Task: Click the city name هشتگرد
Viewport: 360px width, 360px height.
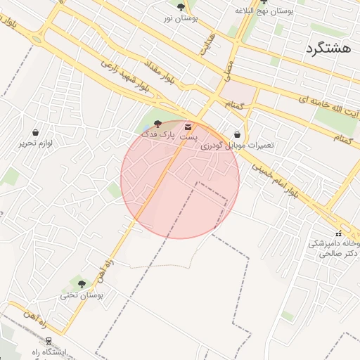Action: (328, 49)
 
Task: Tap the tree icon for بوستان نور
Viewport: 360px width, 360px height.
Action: (181, 7)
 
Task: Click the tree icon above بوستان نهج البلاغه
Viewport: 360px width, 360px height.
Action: (264, 1)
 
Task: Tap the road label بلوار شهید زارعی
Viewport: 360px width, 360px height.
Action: (127, 75)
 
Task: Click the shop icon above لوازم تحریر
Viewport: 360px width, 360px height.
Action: (35, 132)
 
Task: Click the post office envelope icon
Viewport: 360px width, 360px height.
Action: (188, 127)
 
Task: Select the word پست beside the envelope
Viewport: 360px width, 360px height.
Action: (188, 137)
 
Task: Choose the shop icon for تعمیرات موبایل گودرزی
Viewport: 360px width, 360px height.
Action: (237, 134)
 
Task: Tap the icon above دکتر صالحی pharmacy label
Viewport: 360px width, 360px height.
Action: (338, 233)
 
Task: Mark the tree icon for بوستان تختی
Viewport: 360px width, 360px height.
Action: (82, 284)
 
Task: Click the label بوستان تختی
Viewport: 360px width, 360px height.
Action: (82, 295)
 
